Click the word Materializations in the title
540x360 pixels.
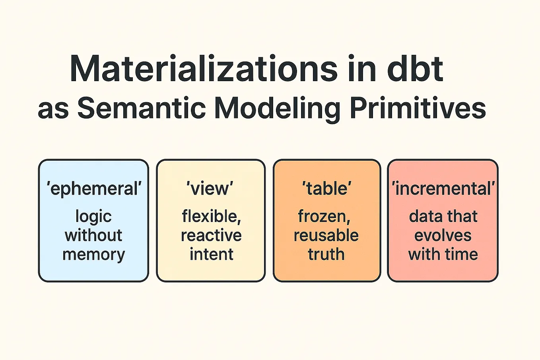tap(203, 69)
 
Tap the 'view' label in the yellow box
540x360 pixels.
tap(210, 188)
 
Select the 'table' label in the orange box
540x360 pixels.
tap(326, 188)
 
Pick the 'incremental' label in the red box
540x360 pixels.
tap(443, 188)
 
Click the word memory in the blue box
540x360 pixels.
tap(94, 254)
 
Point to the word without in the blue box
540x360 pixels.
tap(93, 235)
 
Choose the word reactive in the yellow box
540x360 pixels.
tap(211, 235)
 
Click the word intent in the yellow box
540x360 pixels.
tap(211, 254)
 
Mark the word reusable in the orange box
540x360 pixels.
tap(326, 235)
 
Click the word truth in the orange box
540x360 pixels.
tap(326, 254)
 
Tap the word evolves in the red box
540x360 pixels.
tap(443, 235)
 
